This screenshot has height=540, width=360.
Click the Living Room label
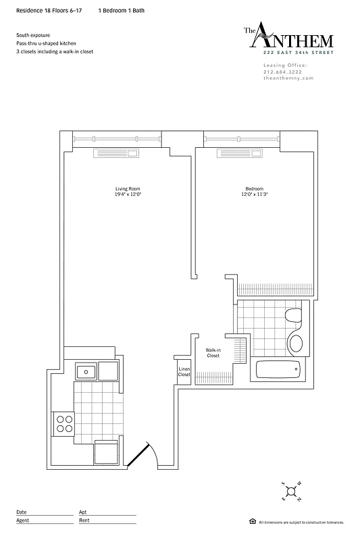point(128,188)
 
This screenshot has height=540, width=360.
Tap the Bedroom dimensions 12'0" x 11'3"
point(254,194)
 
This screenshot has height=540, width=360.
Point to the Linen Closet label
point(184,371)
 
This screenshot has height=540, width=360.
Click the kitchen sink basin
point(86,371)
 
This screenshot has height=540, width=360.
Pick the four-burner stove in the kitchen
point(65,423)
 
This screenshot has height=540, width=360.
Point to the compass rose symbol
point(292,491)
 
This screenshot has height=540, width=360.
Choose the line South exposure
point(34,34)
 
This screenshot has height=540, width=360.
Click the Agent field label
point(22,520)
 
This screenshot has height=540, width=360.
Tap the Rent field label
point(84,520)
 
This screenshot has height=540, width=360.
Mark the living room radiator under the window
point(117,153)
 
